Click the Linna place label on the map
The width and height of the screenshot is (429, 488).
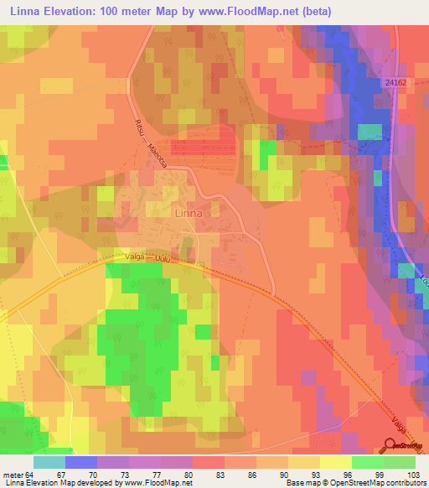189,213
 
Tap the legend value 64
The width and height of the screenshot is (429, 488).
31,474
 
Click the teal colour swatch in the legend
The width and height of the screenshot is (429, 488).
49,462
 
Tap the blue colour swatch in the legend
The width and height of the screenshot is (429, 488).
80,462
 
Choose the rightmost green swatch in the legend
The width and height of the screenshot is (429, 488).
399,462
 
